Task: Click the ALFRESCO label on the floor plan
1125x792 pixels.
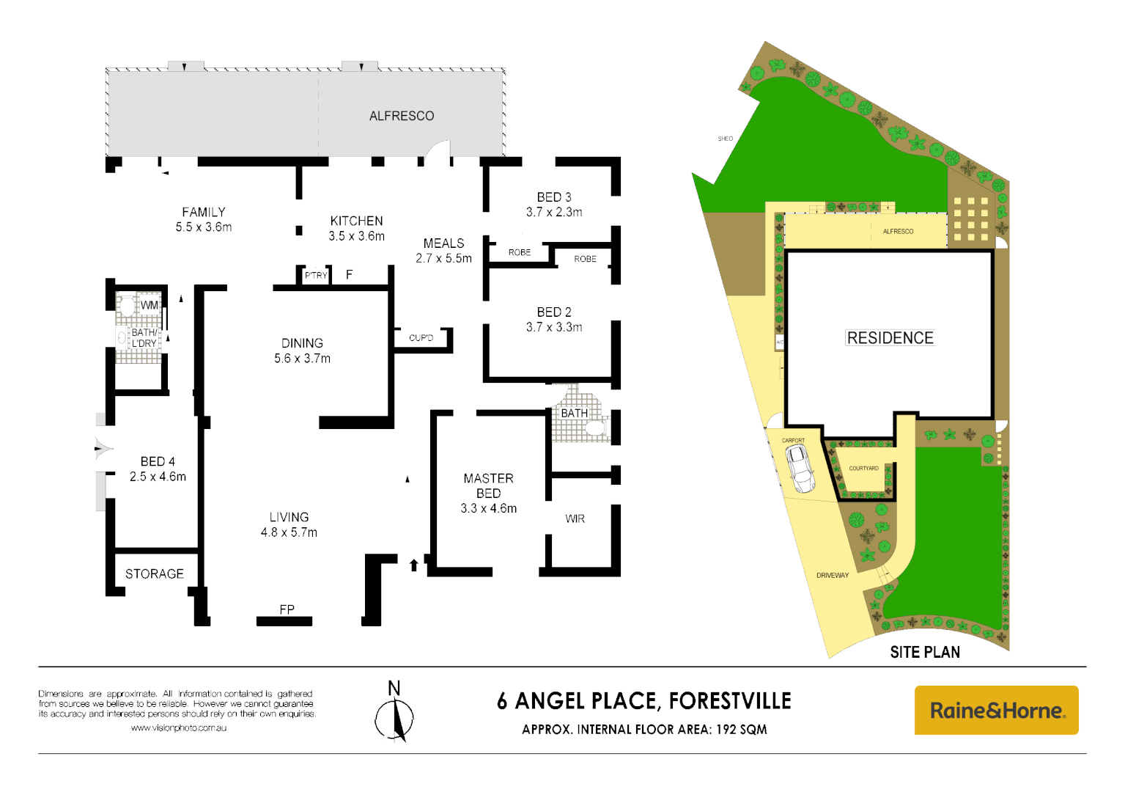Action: pos(401,116)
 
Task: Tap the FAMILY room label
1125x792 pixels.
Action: pos(204,212)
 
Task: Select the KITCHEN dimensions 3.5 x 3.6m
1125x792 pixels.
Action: pos(356,236)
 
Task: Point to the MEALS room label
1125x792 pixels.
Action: pos(443,243)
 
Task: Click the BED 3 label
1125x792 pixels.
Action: pos(553,197)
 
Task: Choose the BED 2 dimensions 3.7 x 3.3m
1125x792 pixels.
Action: pos(554,327)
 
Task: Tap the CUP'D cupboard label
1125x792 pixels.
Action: pos(421,338)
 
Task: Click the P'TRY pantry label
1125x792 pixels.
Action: pos(316,276)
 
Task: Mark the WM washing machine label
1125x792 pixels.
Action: pos(150,305)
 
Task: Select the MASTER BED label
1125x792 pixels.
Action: pos(488,485)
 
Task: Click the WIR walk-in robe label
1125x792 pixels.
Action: pos(575,518)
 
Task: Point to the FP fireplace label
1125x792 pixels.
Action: pos(287,609)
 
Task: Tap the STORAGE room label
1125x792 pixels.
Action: pos(154,573)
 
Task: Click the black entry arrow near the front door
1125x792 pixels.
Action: pos(414,565)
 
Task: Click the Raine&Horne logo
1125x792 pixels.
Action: pos(996,710)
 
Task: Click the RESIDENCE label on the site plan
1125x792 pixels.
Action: pos(890,338)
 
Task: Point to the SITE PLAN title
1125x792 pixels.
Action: pos(924,652)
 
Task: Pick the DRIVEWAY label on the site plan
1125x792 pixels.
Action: pos(833,575)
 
